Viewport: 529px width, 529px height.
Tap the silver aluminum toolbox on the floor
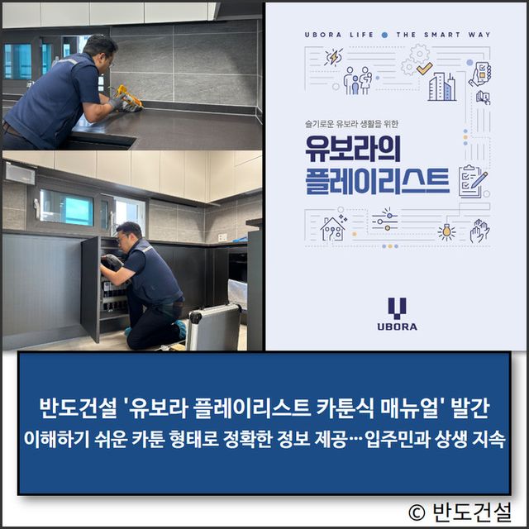pos(213,326)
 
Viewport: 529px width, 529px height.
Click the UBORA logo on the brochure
pos(397,314)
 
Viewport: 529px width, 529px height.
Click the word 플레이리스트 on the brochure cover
pos(377,180)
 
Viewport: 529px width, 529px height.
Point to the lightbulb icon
pos(446,232)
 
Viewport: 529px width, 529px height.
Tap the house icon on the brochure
pos(333,227)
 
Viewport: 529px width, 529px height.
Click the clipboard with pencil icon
pos(473,181)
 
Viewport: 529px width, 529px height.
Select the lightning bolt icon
pos(334,57)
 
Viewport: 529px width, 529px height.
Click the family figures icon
pos(358,80)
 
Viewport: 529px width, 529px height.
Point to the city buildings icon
pos(442,87)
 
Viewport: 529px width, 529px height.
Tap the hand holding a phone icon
pos(480,74)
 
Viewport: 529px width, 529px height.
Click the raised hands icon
pos(479,231)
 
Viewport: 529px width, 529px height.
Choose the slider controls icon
pos(384,221)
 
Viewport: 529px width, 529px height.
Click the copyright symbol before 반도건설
pos(417,513)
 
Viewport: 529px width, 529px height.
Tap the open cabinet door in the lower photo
pos(90,289)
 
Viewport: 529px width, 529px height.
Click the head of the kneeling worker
pos(129,233)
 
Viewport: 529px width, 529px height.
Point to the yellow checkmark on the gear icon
pos(424,69)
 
